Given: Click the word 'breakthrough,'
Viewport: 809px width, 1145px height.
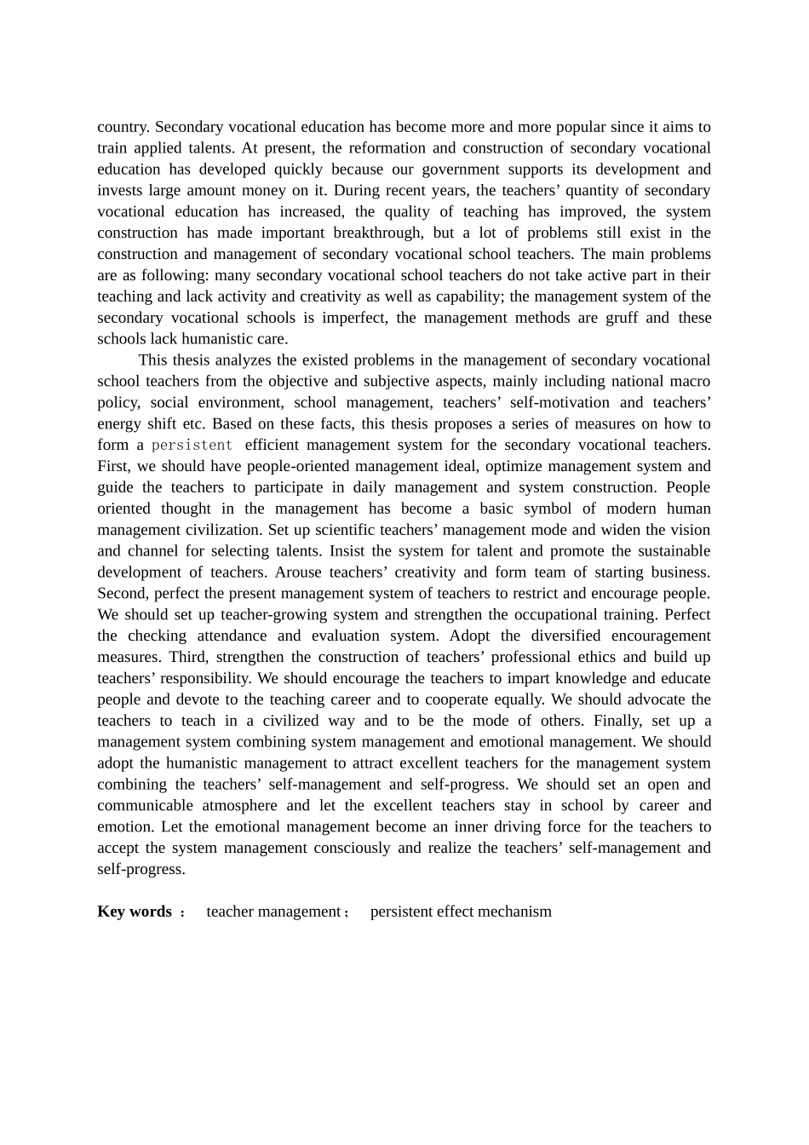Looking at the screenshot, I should (378, 233).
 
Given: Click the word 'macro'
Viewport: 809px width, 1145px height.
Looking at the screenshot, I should (688, 382).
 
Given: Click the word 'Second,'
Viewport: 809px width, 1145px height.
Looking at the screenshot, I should (123, 594).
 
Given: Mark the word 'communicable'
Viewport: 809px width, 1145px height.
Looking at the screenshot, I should (144, 806).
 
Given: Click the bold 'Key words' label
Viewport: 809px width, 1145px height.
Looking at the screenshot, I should (135, 912).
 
